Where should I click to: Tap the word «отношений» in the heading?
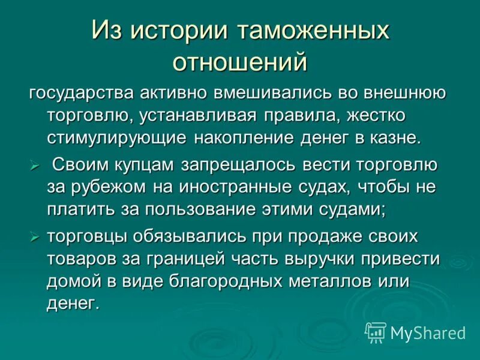click(x=240, y=62)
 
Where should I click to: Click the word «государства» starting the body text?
click(x=82, y=94)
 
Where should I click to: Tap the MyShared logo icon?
click(x=376, y=332)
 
